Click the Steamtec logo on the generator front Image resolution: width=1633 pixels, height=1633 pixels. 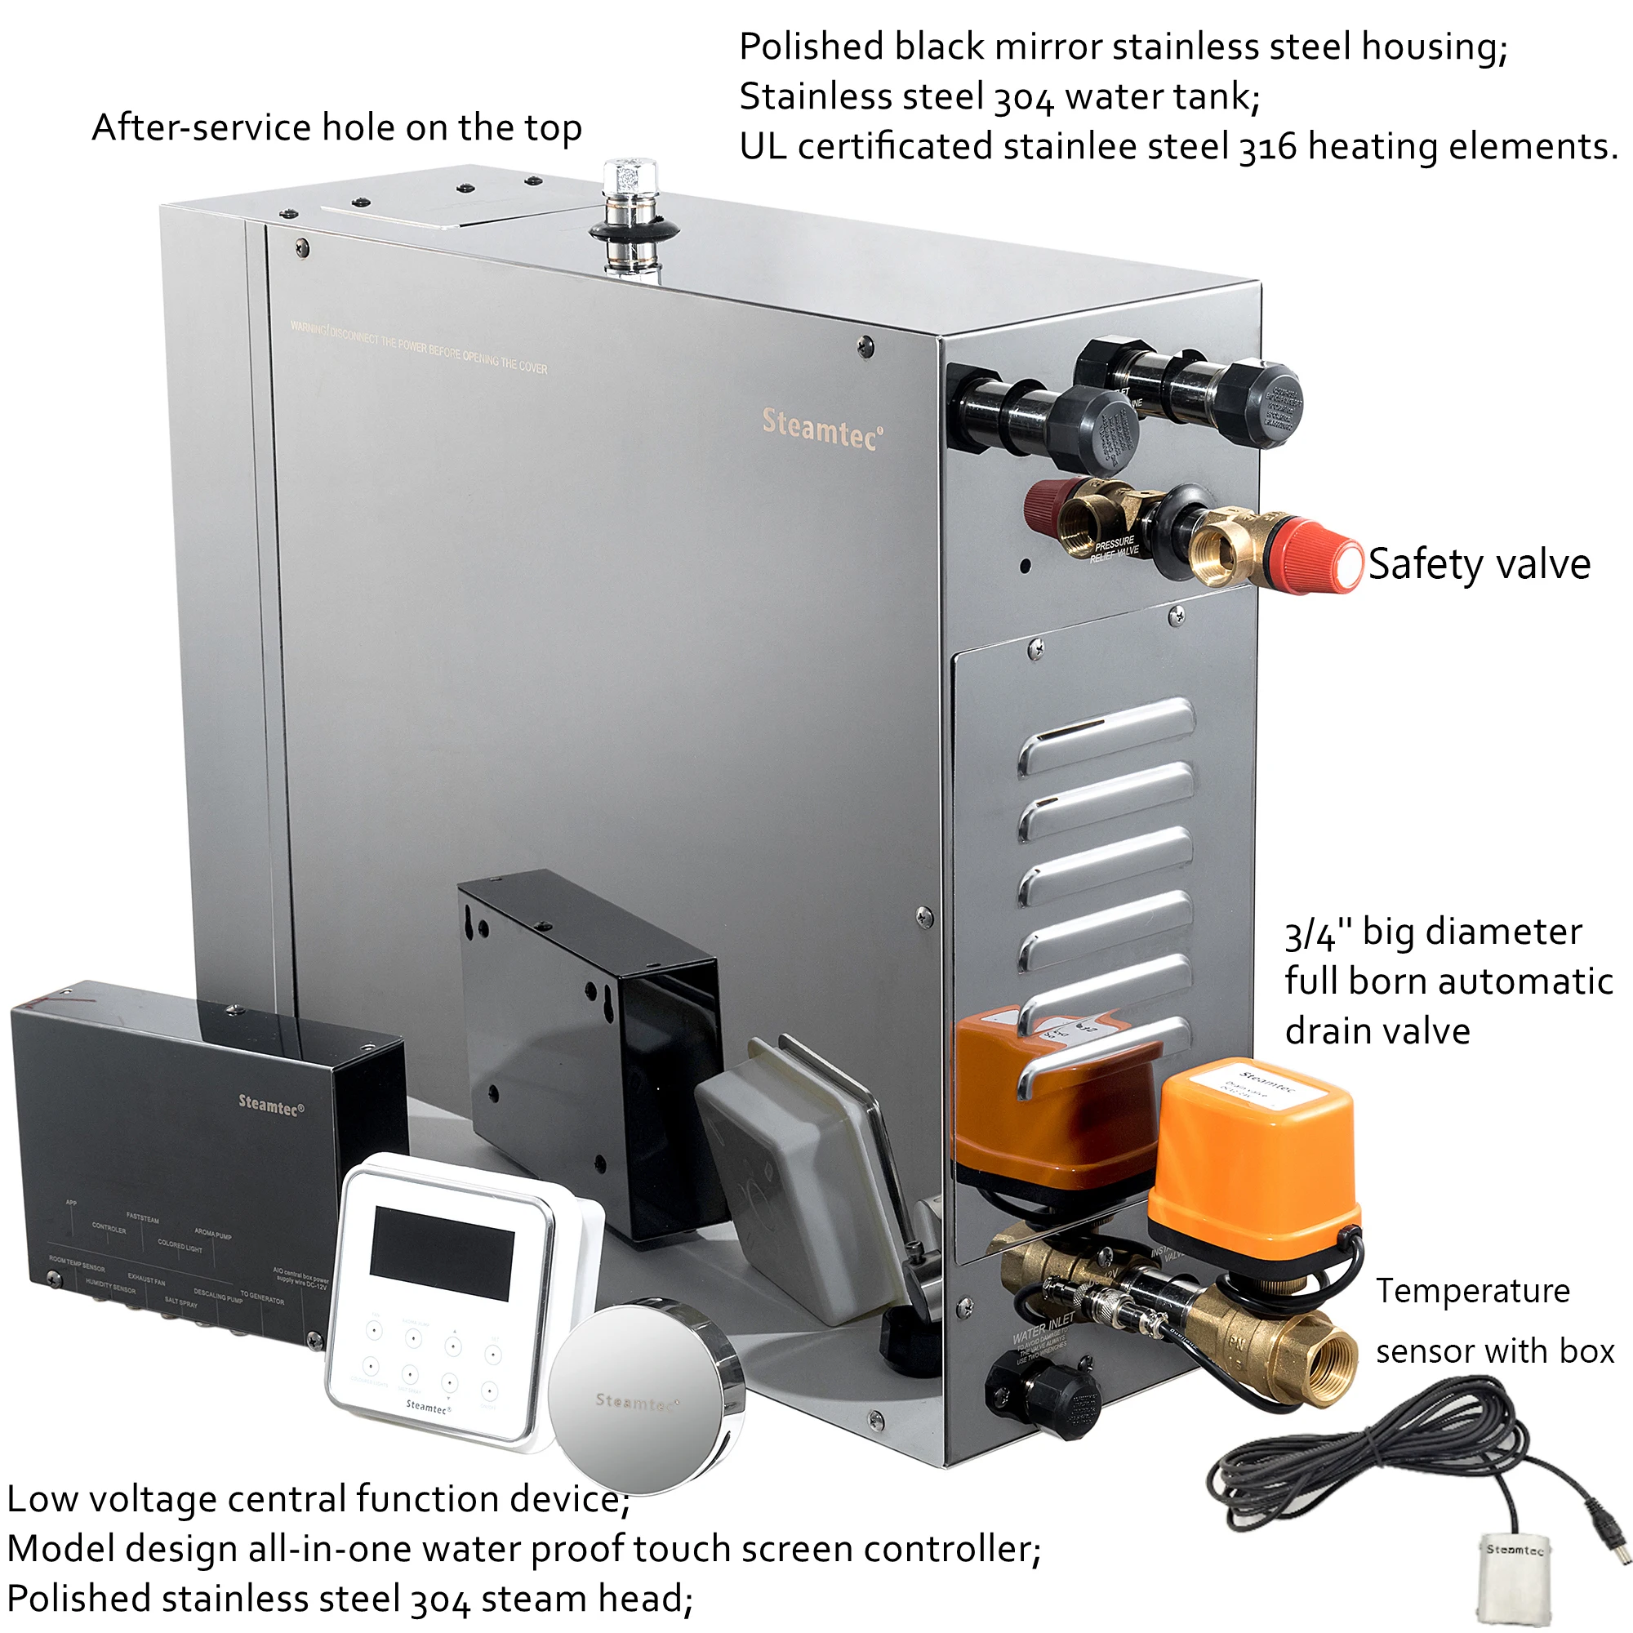pyautogui.click(x=821, y=429)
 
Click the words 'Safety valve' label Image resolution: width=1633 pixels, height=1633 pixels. pyautogui.click(x=1479, y=563)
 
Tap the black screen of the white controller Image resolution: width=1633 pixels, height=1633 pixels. pyautogui.click(x=442, y=1252)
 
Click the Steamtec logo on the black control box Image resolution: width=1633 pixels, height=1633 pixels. pyautogui.click(x=270, y=1104)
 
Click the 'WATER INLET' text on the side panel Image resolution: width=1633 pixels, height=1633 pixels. pyautogui.click(x=1043, y=1327)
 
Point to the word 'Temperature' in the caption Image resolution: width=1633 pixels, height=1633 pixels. pyautogui.click(x=1471, y=1291)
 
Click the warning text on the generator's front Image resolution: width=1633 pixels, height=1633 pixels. pyautogui.click(x=418, y=346)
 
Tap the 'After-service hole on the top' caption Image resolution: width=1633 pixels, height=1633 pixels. pyautogui.click(x=336, y=128)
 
